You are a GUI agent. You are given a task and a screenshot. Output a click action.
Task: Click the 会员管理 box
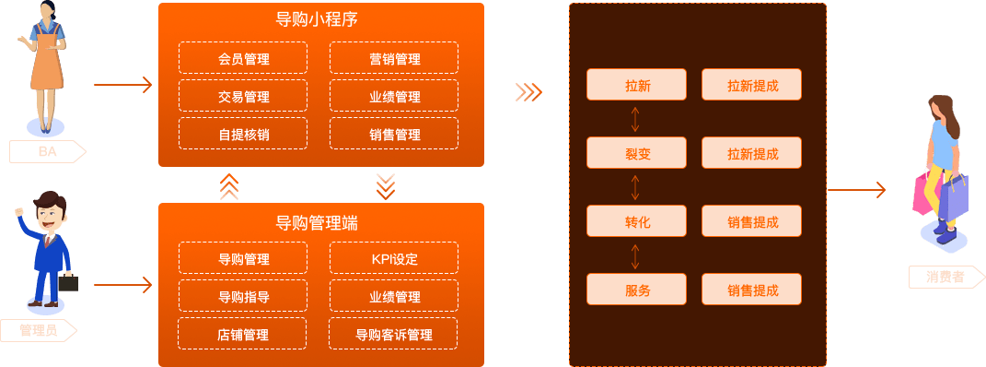click(244, 59)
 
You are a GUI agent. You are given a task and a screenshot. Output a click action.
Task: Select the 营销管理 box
click(394, 59)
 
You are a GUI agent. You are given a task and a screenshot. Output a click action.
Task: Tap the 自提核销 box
click(244, 135)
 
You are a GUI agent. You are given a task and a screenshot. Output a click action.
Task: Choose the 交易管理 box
click(244, 97)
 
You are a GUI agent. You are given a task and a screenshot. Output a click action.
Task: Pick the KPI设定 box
click(394, 258)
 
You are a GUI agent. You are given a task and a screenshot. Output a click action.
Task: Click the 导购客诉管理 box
click(394, 335)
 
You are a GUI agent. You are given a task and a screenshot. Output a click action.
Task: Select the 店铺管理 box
click(244, 335)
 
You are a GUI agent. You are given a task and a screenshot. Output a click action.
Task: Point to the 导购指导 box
click(244, 297)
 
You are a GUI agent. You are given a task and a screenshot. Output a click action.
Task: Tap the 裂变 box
click(637, 154)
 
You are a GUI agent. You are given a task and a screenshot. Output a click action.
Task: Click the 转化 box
click(637, 222)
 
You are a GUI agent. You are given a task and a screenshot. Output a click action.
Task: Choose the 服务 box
click(637, 290)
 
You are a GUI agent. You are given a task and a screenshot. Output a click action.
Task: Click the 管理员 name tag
click(42, 331)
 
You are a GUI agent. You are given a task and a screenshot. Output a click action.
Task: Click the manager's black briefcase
click(67, 282)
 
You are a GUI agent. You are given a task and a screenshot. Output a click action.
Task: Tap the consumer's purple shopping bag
click(954, 195)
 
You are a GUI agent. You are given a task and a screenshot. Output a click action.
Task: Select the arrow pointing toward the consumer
click(856, 191)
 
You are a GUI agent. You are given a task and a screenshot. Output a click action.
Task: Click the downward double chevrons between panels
click(386, 186)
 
